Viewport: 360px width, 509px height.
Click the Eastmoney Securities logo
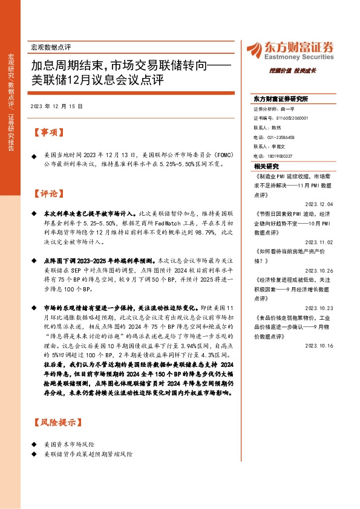coord(289,50)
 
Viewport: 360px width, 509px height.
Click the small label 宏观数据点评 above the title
coord(51,47)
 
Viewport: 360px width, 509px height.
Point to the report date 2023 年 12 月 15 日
coord(55,106)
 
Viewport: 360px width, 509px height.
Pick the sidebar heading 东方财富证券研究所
coord(280,99)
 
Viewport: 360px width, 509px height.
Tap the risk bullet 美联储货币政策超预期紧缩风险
coord(88,453)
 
